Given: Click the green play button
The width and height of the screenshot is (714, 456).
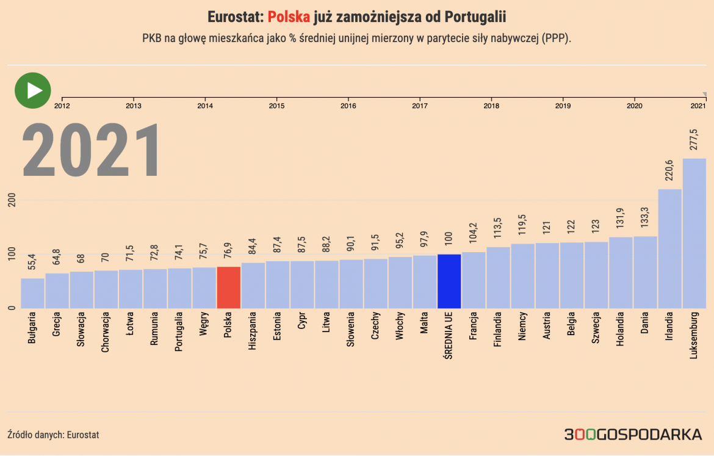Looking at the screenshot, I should [x=32, y=90].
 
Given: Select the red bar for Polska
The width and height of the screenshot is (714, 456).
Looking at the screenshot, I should [x=228, y=288].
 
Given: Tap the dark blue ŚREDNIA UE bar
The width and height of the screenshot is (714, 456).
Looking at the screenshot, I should [x=449, y=281].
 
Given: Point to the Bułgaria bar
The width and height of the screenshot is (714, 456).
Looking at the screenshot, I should [x=32, y=294].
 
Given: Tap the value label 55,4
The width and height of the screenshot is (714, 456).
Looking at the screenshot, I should [x=32, y=262].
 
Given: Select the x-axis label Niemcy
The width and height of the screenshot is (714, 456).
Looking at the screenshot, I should [x=522, y=328].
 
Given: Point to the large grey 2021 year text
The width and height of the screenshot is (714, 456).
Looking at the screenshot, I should [x=92, y=151].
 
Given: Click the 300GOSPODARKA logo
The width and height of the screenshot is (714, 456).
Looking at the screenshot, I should [x=633, y=435].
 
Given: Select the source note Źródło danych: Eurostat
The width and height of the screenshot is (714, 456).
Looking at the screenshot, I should [x=53, y=435].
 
